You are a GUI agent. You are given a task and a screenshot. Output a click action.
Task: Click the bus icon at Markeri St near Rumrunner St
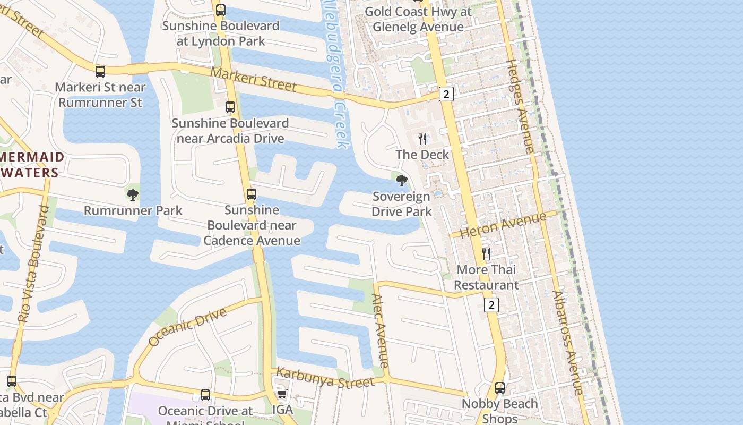click(100, 72)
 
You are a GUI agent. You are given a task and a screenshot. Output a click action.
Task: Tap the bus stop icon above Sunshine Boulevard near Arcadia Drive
click(230, 107)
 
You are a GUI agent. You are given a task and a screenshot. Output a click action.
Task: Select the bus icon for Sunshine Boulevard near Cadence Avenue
click(252, 194)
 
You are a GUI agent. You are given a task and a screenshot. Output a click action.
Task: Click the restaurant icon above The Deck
click(422, 139)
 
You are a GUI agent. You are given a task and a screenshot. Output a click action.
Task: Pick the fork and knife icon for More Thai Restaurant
click(486, 254)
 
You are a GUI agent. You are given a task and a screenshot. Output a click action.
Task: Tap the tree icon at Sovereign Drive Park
click(402, 181)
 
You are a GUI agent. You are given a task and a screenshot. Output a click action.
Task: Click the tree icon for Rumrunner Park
click(133, 194)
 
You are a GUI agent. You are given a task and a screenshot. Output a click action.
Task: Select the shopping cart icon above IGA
click(282, 394)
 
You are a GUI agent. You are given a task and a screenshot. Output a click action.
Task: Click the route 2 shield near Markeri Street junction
click(446, 95)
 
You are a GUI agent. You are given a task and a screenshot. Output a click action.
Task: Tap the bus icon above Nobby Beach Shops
click(500, 388)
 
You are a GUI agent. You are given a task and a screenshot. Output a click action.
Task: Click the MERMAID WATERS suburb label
click(32, 165)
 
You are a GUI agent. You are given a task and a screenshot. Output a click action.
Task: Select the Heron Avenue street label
click(503, 225)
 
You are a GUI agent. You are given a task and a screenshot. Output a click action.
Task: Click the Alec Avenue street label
click(381, 330)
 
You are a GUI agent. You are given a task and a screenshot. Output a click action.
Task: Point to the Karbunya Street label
click(325, 378)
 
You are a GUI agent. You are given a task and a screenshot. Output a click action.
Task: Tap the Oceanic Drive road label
click(187, 327)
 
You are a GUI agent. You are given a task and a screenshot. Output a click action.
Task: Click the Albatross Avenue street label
click(567, 343)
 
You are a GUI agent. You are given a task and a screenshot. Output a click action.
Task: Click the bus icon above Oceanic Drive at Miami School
click(205, 395)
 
